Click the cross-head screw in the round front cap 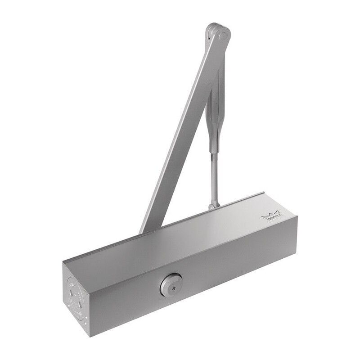point(171,285)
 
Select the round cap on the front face point(171,285)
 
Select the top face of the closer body point(180,238)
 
